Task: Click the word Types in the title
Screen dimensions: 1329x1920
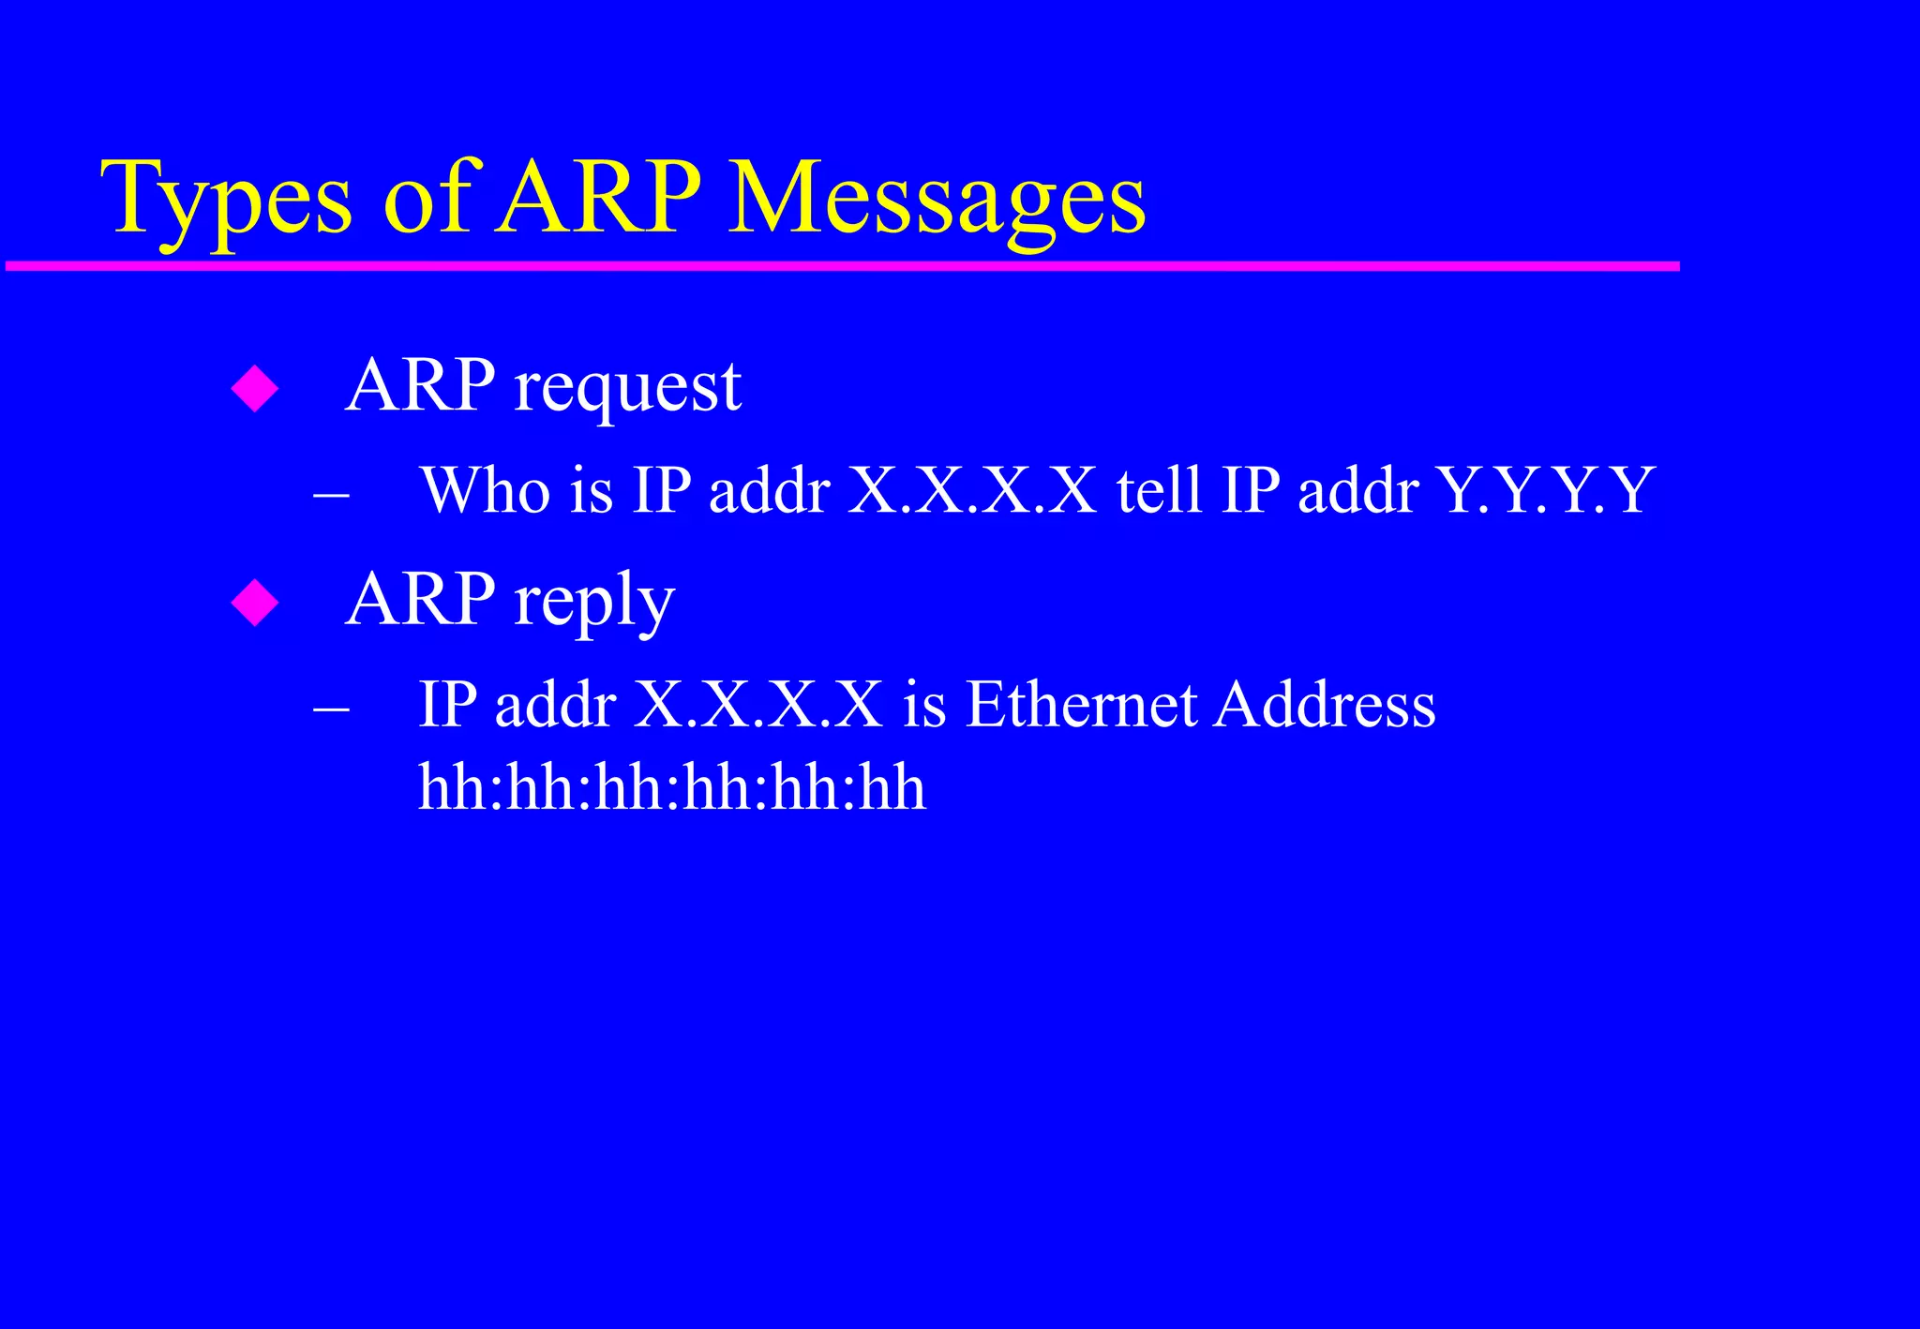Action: click(226, 200)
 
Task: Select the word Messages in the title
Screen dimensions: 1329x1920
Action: click(936, 200)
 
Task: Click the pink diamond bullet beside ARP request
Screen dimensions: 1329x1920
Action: click(255, 388)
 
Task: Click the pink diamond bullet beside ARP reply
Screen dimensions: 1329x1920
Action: click(255, 603)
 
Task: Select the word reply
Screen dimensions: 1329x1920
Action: click(593, 603)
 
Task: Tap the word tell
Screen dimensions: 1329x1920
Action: click(1159, 490)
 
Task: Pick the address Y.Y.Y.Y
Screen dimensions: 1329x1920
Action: click(1545, 490)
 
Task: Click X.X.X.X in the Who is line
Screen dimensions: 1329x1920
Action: click(972, 490)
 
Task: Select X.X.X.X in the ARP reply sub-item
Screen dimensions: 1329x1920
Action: click(758, 705)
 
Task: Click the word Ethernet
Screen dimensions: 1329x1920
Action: click(1081, 705)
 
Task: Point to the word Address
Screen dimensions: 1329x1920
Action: click(1324, 705)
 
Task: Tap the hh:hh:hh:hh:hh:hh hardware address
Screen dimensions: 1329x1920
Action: click(671, 787)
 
